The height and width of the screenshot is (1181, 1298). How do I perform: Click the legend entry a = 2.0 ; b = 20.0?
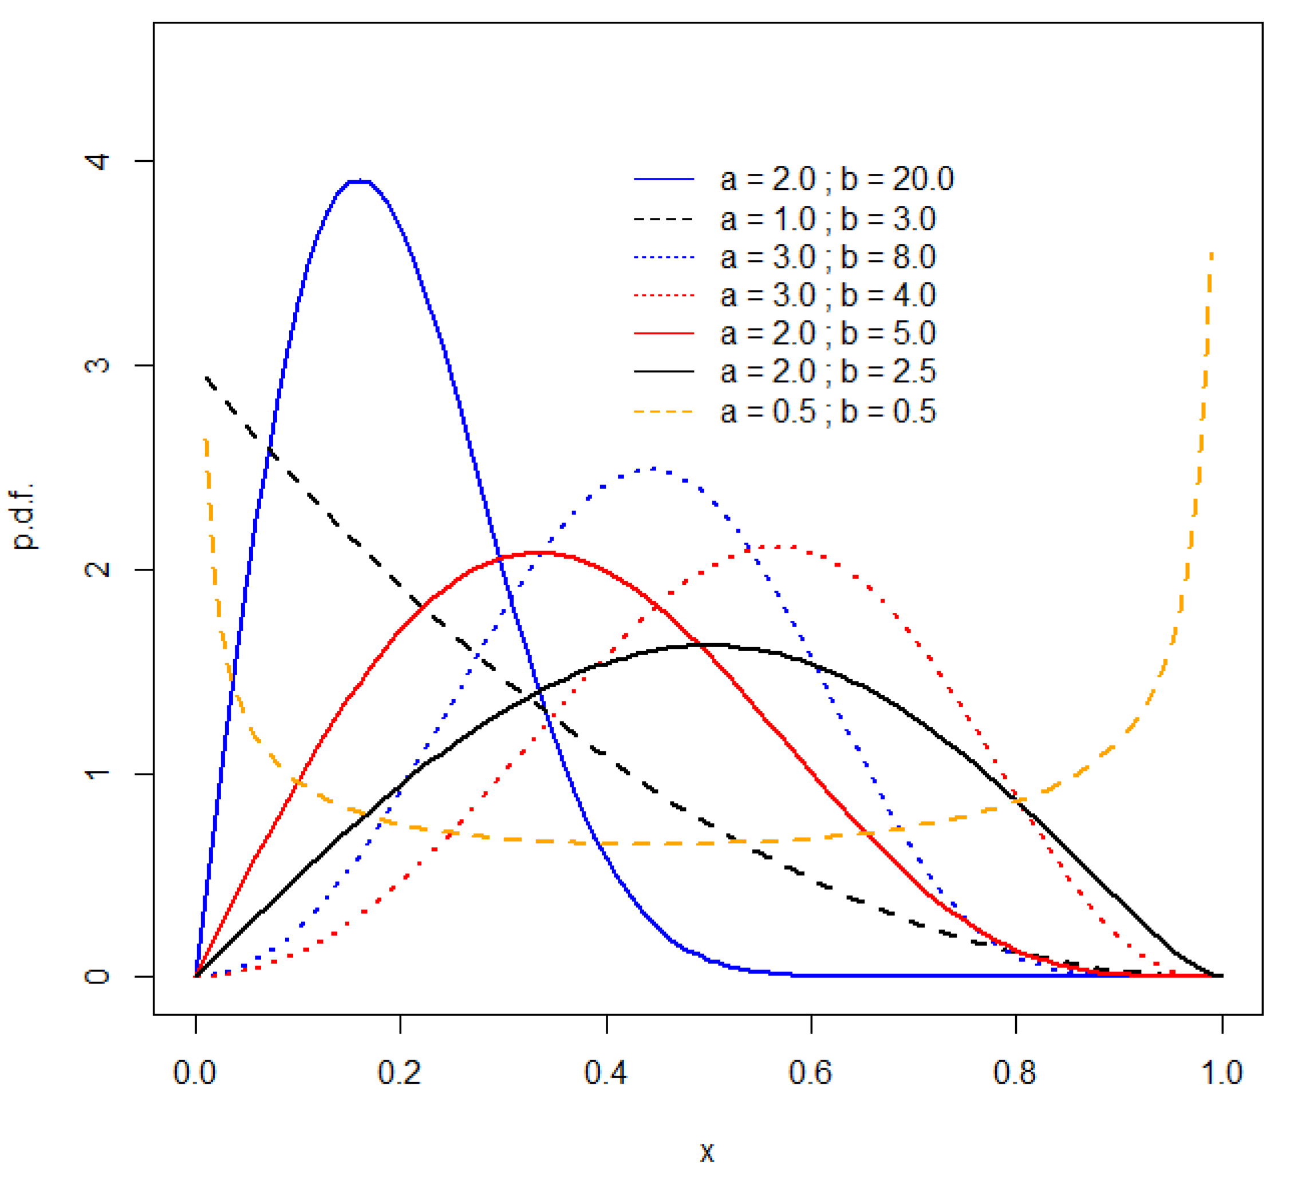tap(836, 179)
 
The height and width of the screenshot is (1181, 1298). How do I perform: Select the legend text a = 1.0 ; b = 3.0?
tap(827, 220)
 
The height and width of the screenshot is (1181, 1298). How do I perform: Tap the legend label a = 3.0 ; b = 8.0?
tap(827, 257)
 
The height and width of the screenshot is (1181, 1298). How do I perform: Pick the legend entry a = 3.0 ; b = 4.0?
tap(827, 295)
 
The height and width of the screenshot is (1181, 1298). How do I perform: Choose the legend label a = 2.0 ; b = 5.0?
tap(827, 334)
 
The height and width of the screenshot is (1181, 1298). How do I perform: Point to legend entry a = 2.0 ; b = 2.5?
tap(827, 372)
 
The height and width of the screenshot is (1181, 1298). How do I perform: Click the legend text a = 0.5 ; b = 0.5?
tap(827, 411)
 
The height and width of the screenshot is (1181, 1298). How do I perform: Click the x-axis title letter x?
tap(707, 1151)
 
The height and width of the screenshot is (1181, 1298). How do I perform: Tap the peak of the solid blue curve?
tap(359, 181)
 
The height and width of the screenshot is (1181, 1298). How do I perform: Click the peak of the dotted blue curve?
tap(653, 469)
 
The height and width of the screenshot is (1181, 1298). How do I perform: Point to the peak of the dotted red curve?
tap(779, 546)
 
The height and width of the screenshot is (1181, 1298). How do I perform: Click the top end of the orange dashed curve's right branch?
tap(1212, 254)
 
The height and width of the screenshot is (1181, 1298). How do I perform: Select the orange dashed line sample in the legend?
tap(664, 411)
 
